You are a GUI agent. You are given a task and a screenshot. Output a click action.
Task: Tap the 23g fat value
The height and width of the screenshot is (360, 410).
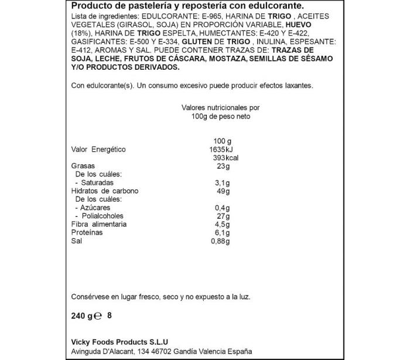click(223, 167)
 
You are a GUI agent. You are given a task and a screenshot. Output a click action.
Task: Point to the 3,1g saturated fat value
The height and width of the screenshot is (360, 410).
click(223, 183)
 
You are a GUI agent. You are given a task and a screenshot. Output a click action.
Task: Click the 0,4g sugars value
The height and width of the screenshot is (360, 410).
click(223, 208)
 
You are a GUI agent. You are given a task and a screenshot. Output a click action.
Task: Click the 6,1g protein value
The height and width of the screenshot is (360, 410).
click(223, 233)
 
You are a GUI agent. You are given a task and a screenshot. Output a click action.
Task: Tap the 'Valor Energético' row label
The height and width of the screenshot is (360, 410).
click(98, 150)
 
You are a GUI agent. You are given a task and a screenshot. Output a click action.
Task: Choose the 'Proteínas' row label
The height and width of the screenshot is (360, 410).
click(87, 233)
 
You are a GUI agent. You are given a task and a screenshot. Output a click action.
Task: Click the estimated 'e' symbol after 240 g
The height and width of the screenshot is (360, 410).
click(98, 316)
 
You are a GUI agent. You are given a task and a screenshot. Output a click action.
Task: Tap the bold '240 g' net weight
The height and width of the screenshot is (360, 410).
click(81, 316)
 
